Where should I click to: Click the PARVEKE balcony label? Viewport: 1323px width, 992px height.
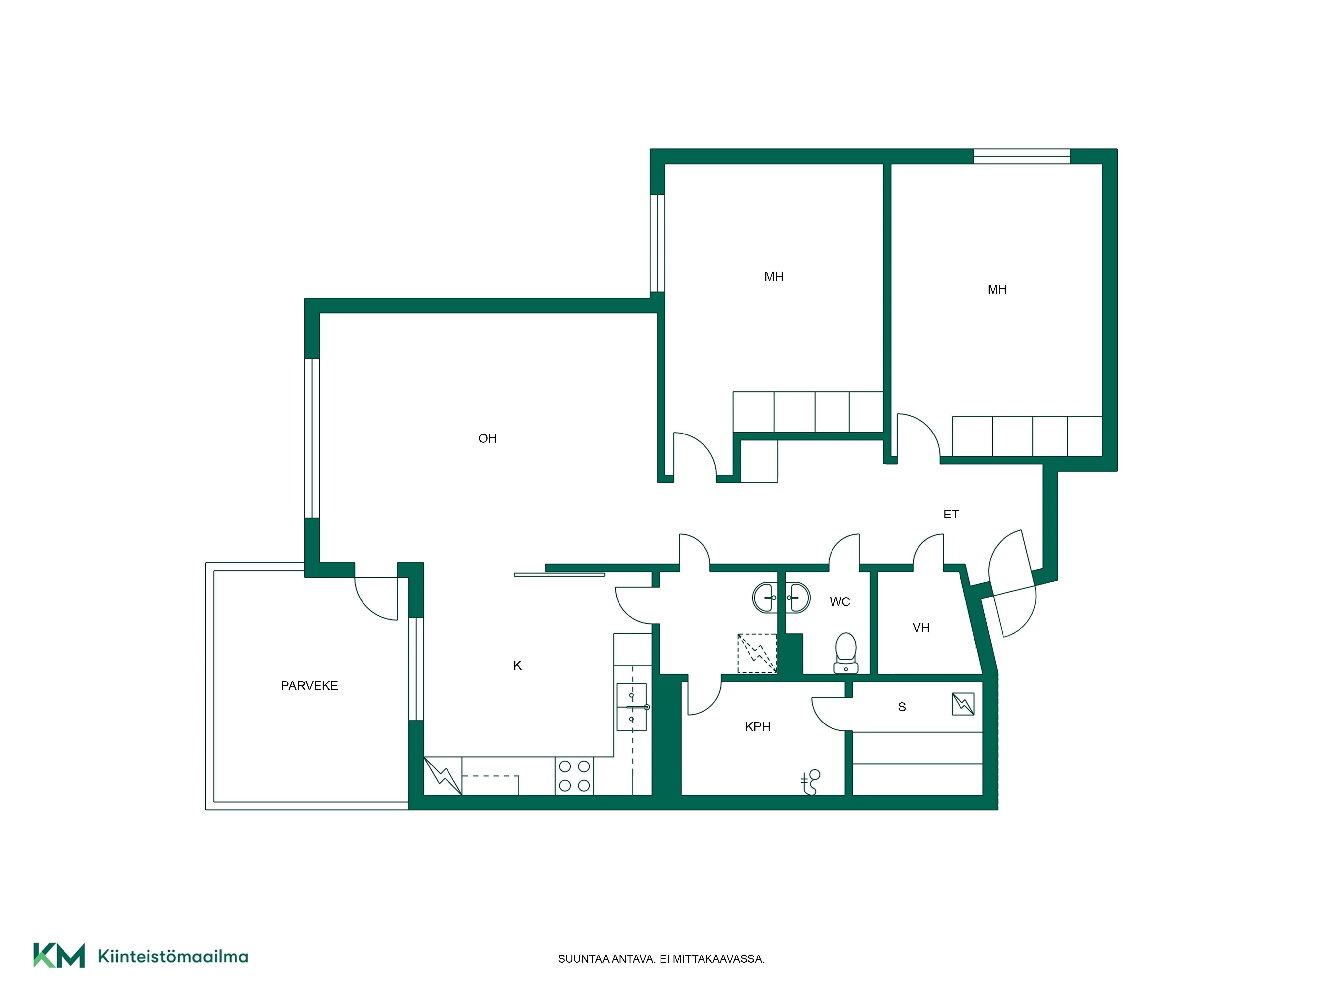click(309, 686)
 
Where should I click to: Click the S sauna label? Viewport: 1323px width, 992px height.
click(902, 707)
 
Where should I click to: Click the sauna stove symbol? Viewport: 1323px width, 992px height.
click(963, 704)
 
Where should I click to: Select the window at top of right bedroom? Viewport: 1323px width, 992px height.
click(1022, 157)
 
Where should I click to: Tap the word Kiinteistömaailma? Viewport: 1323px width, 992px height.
click(173, 956)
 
